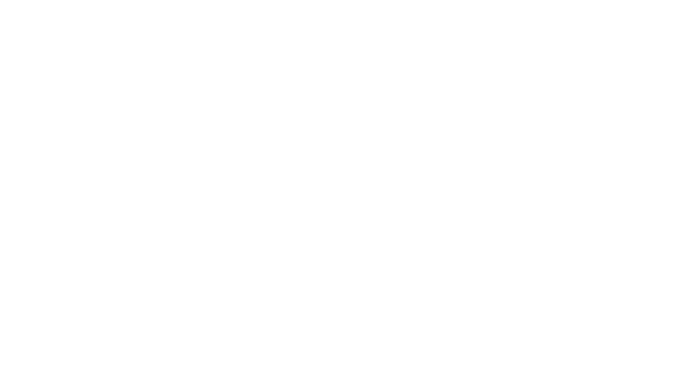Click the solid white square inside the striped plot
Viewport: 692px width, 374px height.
pos(535,162)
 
